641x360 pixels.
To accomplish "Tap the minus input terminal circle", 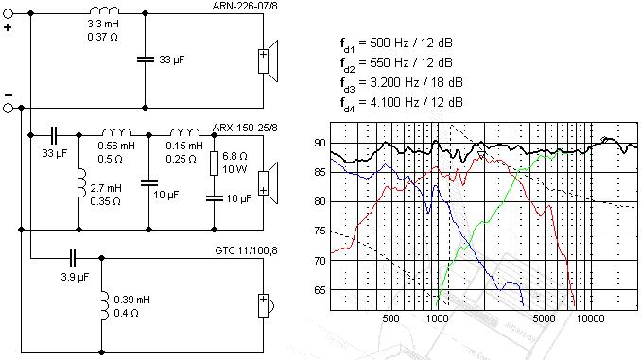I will (x=9, y=108).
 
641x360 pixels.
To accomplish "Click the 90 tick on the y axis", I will (x=320, y=143).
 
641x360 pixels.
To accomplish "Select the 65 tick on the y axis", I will (x=320, y=290).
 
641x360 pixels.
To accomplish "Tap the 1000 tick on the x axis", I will (x=436, y=320).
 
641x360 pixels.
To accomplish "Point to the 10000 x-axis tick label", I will (x=590, y=320).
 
